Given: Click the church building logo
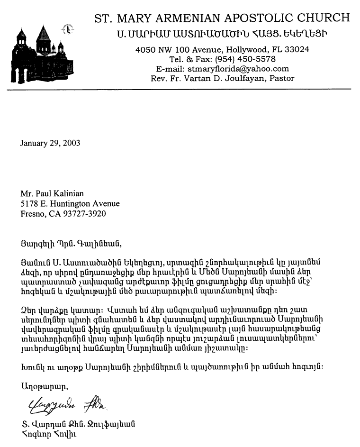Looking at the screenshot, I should [x=40, y=55].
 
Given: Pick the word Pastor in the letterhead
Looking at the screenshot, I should [x=281, y=78].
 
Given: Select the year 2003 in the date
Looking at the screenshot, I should [x=71, y=143].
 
